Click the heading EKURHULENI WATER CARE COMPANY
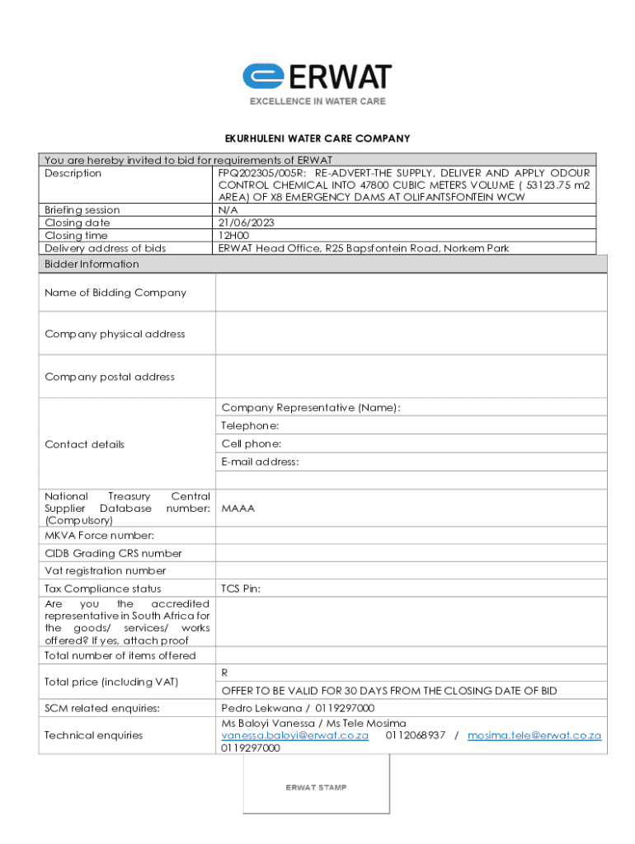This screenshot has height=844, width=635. (317, 138)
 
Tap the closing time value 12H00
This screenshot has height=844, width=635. (234, 236)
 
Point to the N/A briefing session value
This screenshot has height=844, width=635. (228, 210)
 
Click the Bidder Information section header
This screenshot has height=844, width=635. (92, 264)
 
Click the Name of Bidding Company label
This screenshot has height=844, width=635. (115, 293)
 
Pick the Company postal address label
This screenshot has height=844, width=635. (110, 377)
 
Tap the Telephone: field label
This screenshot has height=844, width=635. (250, 425)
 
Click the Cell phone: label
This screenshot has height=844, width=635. (252, 443)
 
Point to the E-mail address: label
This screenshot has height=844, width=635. (260, 462)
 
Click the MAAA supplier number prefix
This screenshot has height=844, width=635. (238, 509)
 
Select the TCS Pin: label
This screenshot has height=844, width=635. (242, 588)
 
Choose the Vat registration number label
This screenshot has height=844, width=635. (106, 570)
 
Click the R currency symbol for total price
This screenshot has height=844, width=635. (224, 673)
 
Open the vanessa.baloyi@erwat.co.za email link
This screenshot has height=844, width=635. (294, 735)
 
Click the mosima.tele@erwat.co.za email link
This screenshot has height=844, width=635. (534, 735)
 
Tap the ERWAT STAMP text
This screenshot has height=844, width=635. (316, 787)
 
